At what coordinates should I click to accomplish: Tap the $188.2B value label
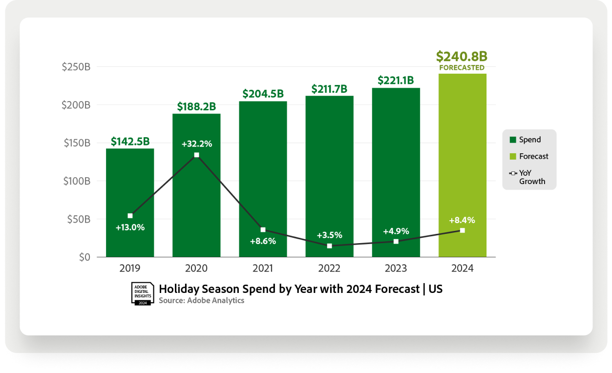pos(196,106)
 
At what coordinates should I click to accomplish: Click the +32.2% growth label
pos(196,144)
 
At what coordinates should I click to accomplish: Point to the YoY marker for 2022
pos(329,246)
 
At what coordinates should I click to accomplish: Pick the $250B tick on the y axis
pos(76,67)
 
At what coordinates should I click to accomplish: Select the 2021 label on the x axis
pos(263,269)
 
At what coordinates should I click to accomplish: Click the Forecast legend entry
pos(528,156)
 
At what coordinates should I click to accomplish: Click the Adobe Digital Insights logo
pos(143,293)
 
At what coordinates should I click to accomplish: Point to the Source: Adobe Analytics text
pos(201,300)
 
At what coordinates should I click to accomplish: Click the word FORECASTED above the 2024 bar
pos(462,68)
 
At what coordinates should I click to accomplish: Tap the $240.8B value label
pos(462,56)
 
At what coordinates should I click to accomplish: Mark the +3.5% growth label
pos(329,235)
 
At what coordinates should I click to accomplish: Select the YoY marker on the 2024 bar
pos(462,230)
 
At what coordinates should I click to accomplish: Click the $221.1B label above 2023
pos(396,81)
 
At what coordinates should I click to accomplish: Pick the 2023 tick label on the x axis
pos(396,269)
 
